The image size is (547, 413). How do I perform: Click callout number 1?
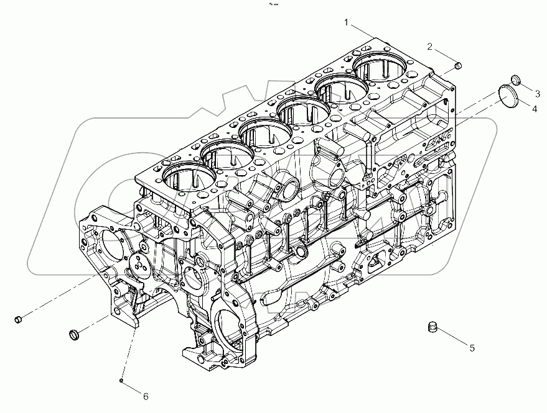pos(347,22)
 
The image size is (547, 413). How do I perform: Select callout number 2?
pos(430,47)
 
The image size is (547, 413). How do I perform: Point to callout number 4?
pos(533,109)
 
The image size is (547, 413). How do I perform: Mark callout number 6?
pos(146,396)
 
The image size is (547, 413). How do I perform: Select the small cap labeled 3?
pos(515,79)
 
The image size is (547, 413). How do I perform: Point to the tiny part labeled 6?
pos(123,380)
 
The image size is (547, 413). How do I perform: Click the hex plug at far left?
pos(18,319)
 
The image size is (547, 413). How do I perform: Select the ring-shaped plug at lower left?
pos(74,335)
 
